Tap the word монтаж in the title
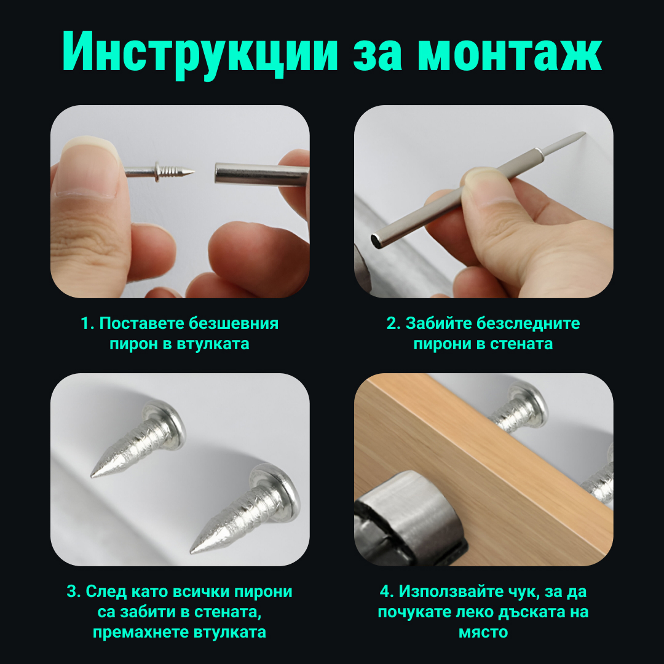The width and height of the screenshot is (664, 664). tap(510, 52)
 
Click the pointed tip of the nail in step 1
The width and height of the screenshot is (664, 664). tap(194, 172)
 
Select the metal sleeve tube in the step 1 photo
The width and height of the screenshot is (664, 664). tap(262, 174)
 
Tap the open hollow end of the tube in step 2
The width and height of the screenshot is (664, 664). tap(376, 241)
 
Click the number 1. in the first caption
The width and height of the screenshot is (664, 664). tap(87, 324)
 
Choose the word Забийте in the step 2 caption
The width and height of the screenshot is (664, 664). tap(439, 323)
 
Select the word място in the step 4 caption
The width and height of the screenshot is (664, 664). tap(483, 633)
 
